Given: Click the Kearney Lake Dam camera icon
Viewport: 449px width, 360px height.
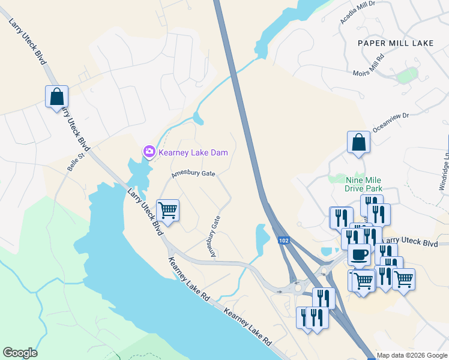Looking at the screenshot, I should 149,152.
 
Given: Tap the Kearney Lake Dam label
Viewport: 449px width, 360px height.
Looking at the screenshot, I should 193,153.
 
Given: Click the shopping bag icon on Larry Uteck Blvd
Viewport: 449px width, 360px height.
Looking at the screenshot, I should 56,96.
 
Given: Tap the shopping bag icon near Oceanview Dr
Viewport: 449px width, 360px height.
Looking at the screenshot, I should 358,142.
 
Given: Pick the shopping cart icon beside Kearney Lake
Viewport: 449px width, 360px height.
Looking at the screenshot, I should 168,210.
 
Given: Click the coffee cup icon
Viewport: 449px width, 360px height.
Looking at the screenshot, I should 359,254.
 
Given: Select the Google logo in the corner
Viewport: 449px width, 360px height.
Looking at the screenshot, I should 20,353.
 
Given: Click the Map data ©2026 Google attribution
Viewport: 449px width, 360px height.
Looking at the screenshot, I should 412,355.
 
